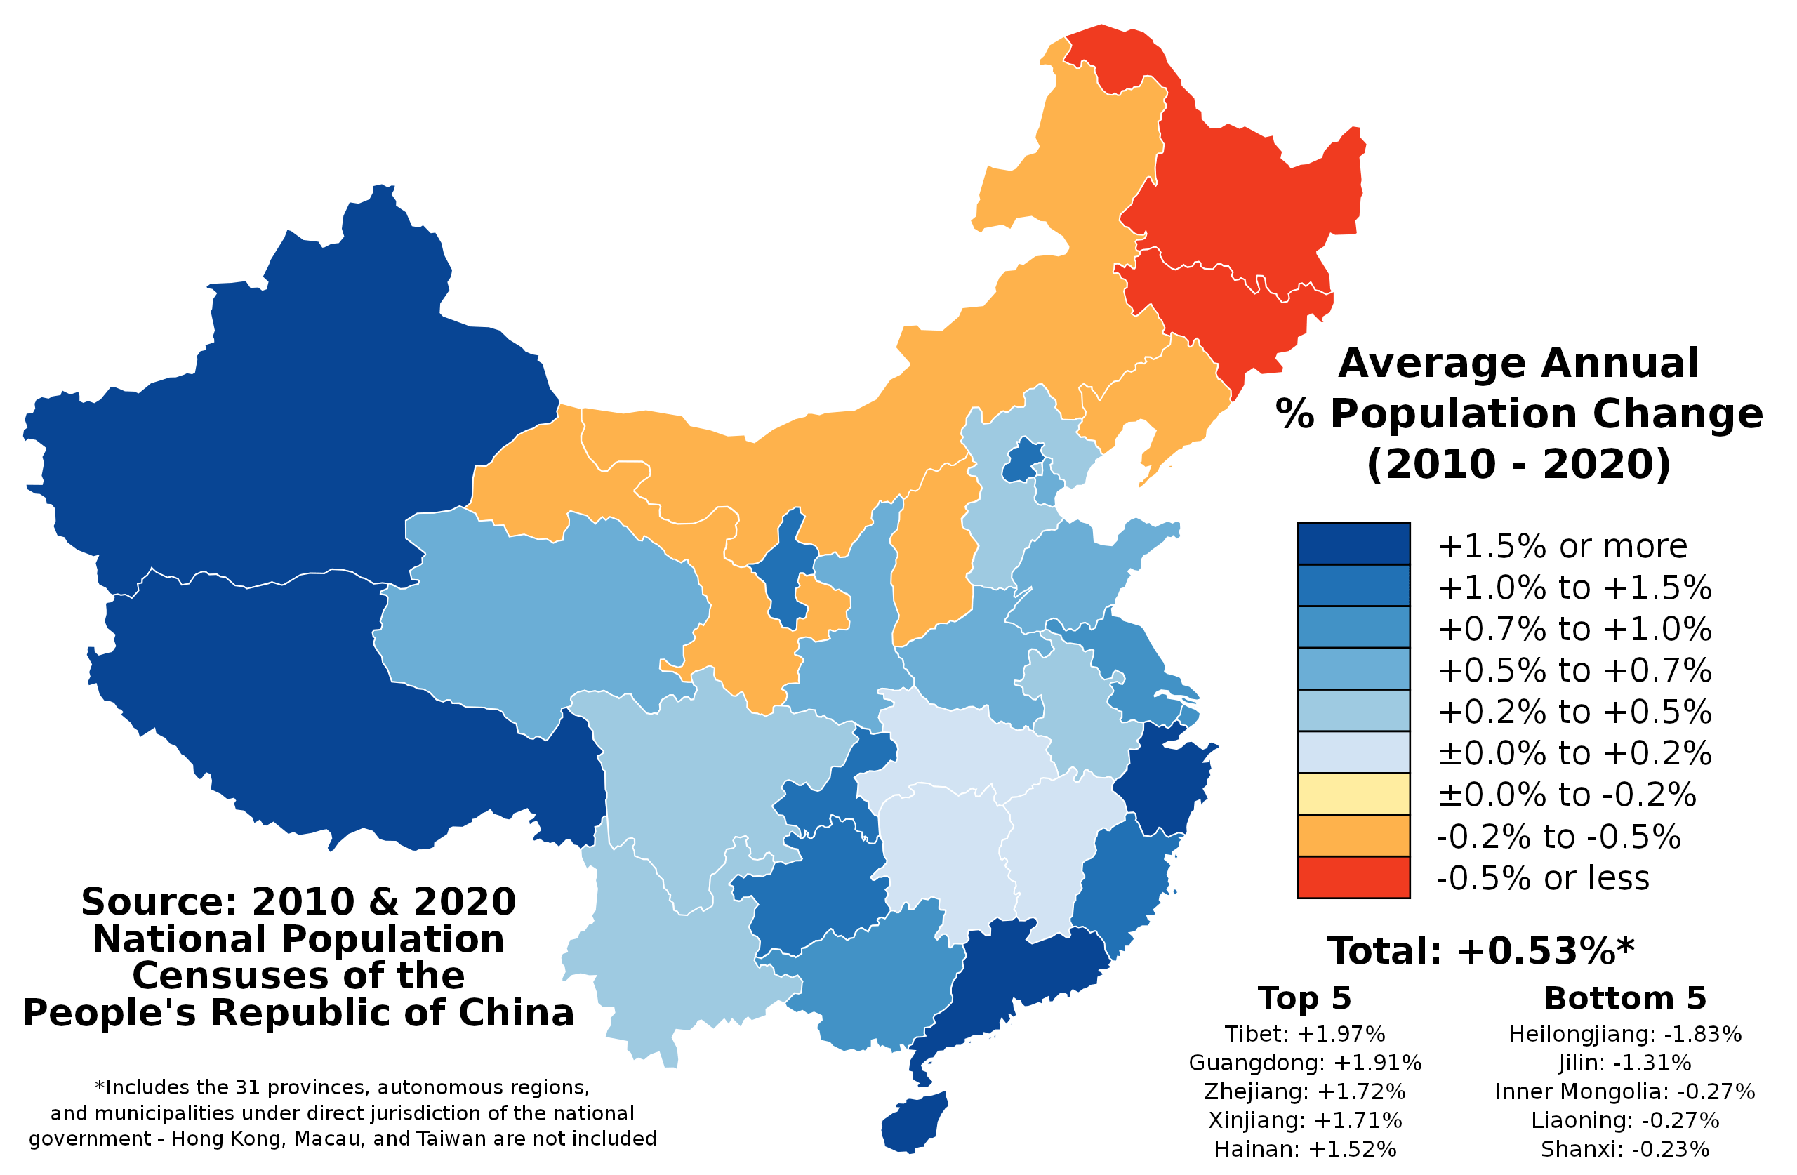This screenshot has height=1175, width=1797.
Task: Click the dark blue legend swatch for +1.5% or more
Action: pyautogui.click(x=1353, y=543)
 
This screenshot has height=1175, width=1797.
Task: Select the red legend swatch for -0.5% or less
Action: pyautogui.click(x=1353, y=877)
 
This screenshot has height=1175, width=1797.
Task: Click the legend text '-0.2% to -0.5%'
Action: pyautogui.click(x=1558, y=837)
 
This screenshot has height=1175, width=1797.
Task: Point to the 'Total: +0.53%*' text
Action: pyautogui.click(x=1480, y=950)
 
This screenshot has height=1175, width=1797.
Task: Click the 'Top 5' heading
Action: pyautogui.click(x=1304, y=998)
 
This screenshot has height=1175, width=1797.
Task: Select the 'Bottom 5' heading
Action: pyautogui.click(x=1625, y=998)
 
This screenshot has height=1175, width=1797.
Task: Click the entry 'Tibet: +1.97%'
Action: pyautogui.click(x=1304, y=1034)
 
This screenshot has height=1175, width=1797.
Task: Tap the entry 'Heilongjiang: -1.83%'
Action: pyautogui.click(x=1624, y=1034)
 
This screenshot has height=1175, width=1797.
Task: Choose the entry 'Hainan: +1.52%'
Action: pyautogui.click(x=1304, y=1148)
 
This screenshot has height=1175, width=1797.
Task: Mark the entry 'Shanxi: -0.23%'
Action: pyautogui.click(x=1624, y=1148)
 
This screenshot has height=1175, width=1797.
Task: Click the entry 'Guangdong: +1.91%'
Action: pyautogui.click(x=1304, y=1063)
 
